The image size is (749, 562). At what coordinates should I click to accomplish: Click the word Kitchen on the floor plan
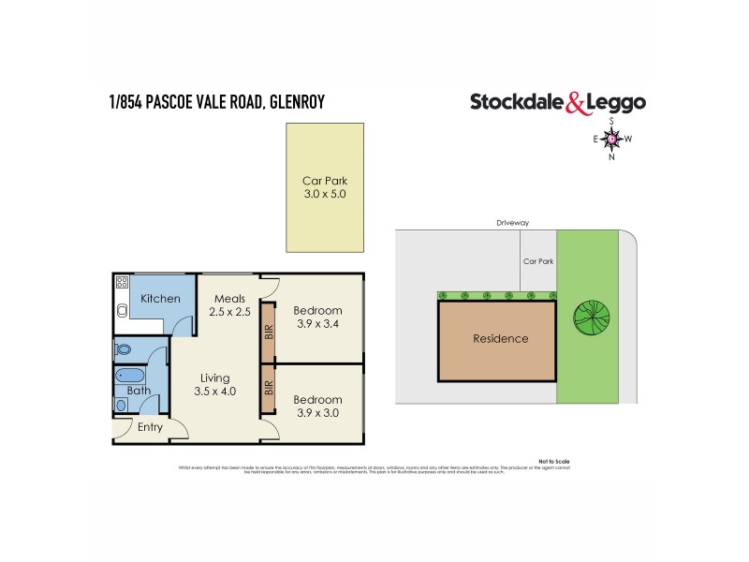[x=160, y=298]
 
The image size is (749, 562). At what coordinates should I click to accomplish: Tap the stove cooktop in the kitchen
[x=122, y=283]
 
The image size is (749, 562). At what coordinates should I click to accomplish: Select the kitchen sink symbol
[x=122, y=312]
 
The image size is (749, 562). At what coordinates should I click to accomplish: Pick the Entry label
[x=150, y=427]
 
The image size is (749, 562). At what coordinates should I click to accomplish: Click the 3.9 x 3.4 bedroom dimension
[x=317, y=325]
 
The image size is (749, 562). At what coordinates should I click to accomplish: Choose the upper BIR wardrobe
[x=268, y=332]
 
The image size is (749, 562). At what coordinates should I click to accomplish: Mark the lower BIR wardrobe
[x=268, y=388]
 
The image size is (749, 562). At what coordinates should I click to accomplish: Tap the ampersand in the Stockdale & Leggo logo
[x=577, y=103]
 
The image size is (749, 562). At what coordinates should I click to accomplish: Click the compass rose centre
[x=611, y=140]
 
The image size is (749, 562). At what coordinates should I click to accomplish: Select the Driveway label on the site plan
[x=514, y=223]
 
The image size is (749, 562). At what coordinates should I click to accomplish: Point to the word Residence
[x=500, y=339]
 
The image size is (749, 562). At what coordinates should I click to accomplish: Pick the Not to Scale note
[x=553, y=462]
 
